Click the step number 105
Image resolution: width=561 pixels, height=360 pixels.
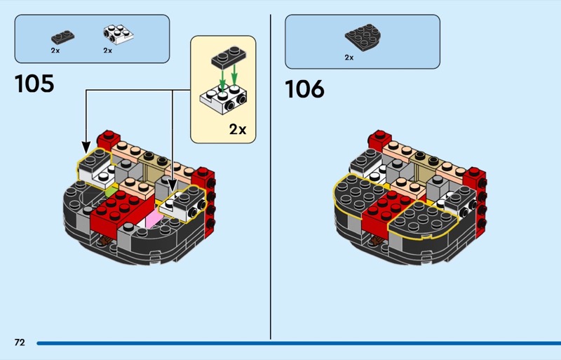tap(34, 84)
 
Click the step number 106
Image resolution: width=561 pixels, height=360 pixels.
tap(304, 89)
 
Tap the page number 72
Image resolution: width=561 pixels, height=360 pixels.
tap(19, 342)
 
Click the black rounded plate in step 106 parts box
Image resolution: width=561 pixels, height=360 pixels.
tap(362, 36)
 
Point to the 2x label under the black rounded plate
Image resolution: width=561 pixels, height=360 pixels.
tap(349, 58)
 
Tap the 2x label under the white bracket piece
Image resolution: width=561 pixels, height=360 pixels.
tap(108, 51)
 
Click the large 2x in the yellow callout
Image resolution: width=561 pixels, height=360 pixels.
tap(238, 129)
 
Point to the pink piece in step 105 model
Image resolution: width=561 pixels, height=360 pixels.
tap(154, 221)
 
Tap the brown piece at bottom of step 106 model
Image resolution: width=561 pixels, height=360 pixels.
tap(378, 243)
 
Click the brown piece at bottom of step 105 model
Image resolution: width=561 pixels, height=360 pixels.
tap(106, 243)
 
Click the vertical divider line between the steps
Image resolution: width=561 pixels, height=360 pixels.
tap(270, 175)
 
